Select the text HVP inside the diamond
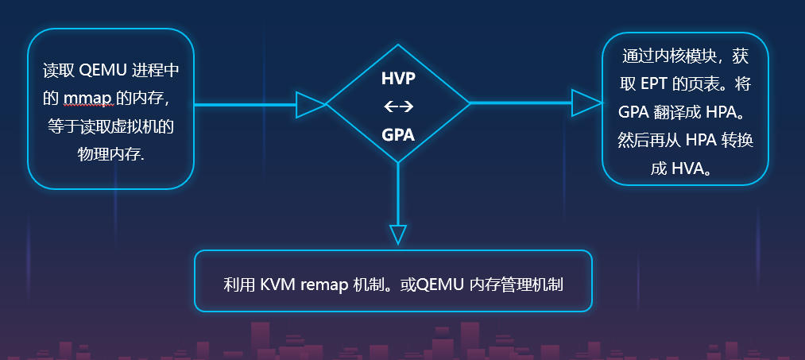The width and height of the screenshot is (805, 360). (398, 79)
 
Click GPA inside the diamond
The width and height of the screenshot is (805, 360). (398, 134)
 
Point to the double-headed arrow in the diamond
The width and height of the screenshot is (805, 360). (398, 106)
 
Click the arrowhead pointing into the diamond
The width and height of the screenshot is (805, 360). (310, 104)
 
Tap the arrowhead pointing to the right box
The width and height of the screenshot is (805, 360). (586, 103)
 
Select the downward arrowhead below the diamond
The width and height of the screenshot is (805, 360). (398, 234)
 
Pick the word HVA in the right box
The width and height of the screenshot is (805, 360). (688, 168)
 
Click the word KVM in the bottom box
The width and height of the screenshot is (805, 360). (278, 285)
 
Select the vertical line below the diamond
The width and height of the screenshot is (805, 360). (398, 195)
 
